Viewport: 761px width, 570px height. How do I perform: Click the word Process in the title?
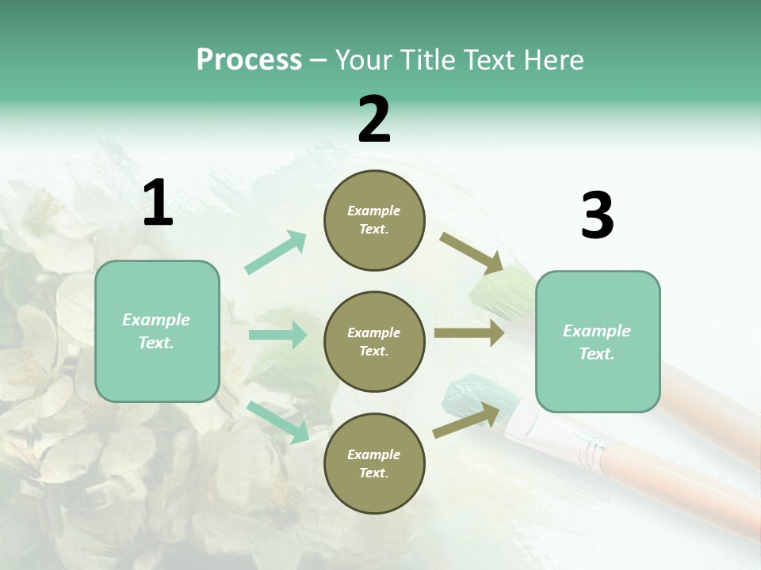click(x=249, y=60)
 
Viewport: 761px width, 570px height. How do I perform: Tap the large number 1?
click(x=158, y=203)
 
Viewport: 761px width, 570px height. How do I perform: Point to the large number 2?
click(x=374, y=120)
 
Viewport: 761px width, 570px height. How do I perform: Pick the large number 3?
click(x=597, y=216)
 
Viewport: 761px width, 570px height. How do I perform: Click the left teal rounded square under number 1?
click(x=157, y=331)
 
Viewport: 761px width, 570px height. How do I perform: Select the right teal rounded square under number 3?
click(x=597, y=342)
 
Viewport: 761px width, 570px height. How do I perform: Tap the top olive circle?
click(x=374, y=220)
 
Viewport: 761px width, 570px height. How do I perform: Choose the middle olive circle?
click(x=374, y=342)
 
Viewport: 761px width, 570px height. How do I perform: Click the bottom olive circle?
click(x=374, y=464)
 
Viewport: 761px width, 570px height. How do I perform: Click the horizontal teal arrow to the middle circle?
click(x=277, y=335)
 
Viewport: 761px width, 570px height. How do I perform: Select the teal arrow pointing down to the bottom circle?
click(x=277, y=422)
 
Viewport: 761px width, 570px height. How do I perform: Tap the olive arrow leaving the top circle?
click(x=472, y=253)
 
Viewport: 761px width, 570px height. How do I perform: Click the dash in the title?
click(x=319, y=60)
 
